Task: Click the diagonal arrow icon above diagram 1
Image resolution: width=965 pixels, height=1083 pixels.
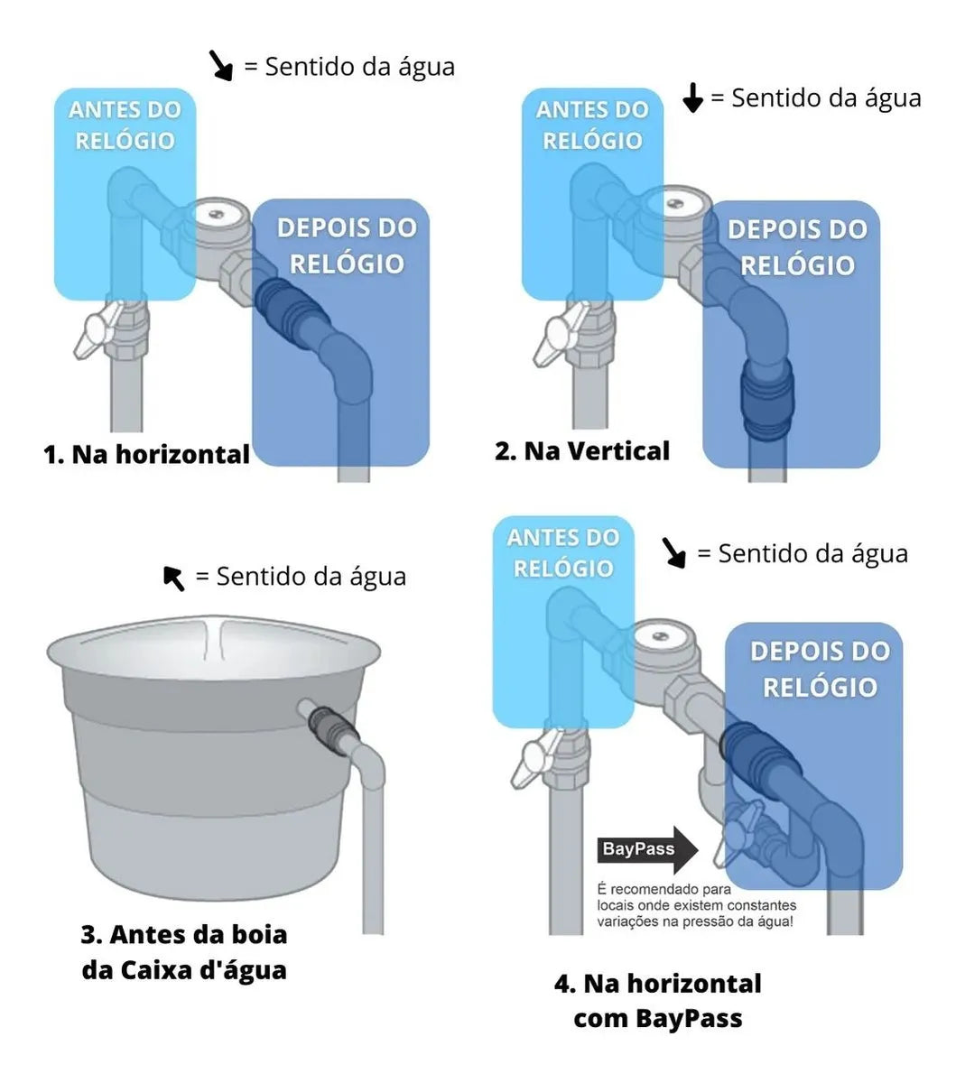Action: click(220, 66)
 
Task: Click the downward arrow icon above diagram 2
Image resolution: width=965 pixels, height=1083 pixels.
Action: click(692, 97)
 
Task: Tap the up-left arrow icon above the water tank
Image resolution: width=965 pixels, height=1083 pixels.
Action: click(173, 578)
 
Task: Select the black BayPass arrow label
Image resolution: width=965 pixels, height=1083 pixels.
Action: click(646, 849)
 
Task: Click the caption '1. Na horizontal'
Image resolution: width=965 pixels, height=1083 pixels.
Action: click(146, 454)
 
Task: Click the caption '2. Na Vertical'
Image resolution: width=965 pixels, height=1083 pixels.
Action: click(582, 450)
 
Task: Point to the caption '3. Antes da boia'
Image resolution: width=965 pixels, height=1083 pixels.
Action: click(184, 933)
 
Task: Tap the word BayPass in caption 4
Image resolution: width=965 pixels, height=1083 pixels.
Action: click(689, 1019)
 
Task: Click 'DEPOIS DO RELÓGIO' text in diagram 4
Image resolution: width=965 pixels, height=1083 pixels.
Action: click(820, 669)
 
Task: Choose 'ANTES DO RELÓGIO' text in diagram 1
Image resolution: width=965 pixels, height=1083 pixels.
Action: click(125, 125)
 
